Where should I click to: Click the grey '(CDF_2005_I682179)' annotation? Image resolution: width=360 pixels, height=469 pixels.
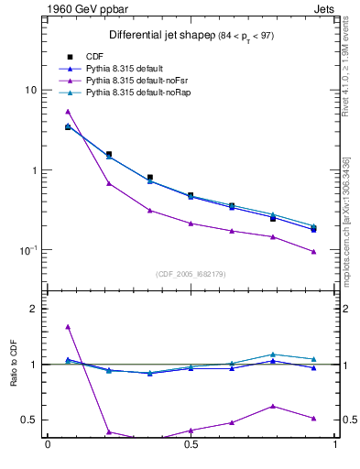[x=191, y=273]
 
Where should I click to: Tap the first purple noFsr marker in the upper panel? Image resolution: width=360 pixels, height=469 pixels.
[x=68, y=112]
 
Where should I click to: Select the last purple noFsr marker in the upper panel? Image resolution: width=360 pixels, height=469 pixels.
[x=313, y=251]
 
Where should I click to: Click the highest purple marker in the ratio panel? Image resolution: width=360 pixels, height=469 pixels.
[x=68, y=326]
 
